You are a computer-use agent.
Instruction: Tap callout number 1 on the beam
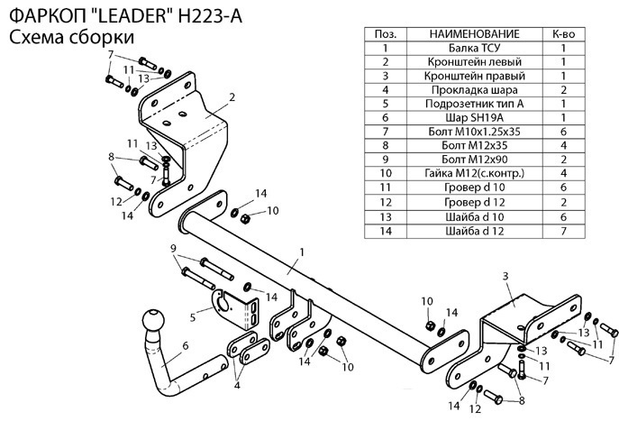click(303, 252)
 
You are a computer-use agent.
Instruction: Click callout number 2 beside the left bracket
click(232, 96)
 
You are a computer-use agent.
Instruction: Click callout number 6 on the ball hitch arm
click(184, 344)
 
